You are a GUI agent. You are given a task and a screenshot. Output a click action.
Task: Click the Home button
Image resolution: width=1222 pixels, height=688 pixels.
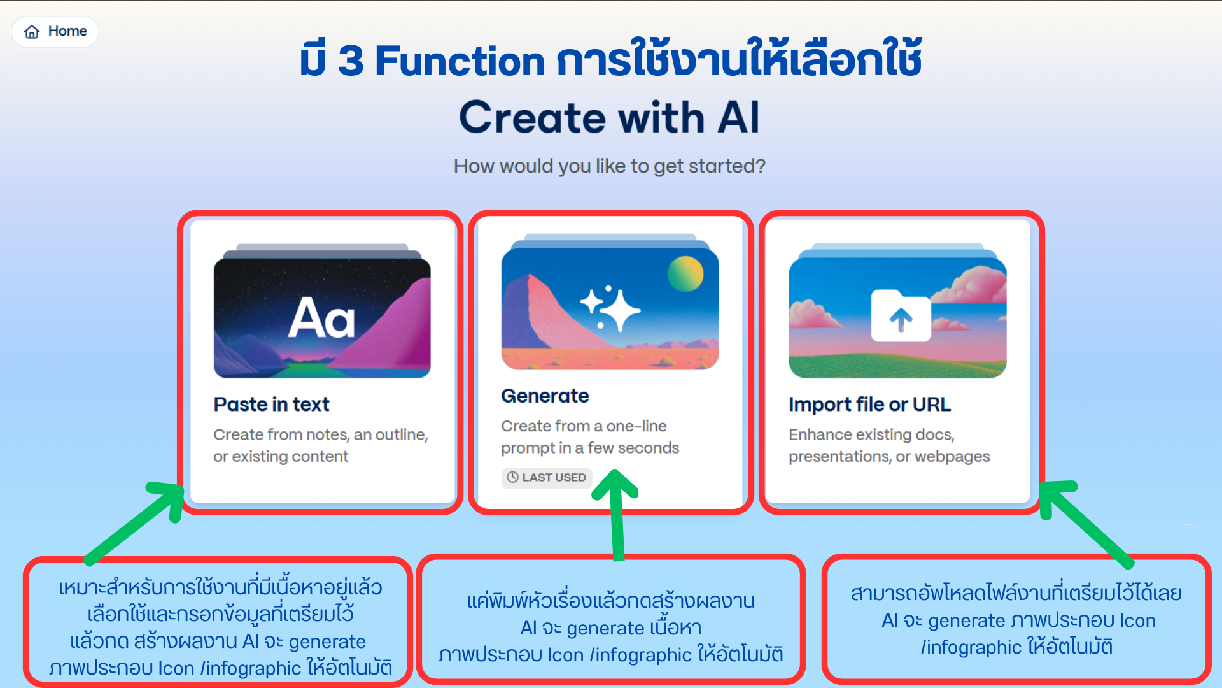point(55,32)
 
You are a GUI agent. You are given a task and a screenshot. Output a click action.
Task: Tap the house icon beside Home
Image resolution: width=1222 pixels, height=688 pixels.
point(32,32)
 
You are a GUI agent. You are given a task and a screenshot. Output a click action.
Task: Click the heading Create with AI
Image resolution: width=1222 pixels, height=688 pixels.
point(610,117)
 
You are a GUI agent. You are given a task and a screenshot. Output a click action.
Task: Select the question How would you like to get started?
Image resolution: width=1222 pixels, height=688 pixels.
point(610,166)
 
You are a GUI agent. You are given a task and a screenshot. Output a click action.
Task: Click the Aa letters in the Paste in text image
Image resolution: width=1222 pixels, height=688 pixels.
point(321,318)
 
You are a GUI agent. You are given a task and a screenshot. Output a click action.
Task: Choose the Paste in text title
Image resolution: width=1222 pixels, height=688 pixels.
point(272,404)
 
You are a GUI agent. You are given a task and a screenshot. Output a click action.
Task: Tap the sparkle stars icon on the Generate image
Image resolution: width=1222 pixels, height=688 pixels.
point(610,308)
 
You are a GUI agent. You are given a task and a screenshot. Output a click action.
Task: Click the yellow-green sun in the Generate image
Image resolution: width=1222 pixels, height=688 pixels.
point(685,274)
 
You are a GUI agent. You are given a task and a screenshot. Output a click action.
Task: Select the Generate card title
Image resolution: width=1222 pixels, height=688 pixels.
point(545,396)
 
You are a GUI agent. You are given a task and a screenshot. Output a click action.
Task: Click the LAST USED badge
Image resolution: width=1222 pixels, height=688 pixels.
point(547,477)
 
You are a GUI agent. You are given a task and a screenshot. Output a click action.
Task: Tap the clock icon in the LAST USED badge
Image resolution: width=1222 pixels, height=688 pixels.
point(512,477)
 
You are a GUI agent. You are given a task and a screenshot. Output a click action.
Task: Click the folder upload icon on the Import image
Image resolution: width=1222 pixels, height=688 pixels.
point(901,316)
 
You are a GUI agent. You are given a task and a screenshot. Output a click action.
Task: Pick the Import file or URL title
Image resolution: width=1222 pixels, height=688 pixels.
point(869,404)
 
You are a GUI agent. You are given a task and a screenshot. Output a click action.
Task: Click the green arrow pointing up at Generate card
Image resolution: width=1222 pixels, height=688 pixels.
point(616,515)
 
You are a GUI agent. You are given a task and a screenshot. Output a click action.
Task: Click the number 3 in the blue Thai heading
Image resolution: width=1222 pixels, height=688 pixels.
point(351,61)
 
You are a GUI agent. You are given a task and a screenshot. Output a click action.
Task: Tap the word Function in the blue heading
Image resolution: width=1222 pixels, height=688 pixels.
point(460,61)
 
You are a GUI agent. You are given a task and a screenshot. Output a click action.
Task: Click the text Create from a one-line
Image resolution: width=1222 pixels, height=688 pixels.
point(584,426)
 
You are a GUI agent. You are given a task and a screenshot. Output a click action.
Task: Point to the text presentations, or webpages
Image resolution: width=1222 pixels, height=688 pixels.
point(889,456)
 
